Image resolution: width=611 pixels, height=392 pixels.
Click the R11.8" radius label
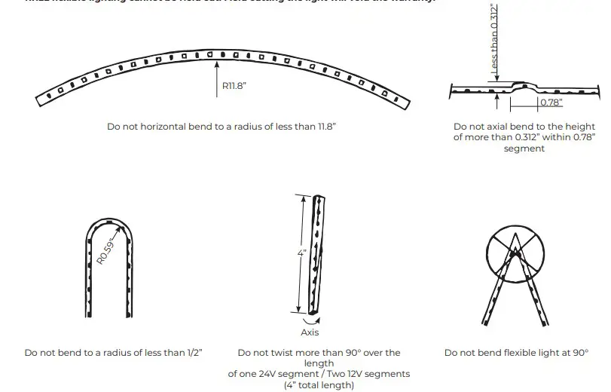point(234,87)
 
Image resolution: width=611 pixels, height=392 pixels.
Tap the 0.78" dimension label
point(550,103)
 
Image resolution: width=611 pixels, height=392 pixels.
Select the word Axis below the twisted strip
point(310,332)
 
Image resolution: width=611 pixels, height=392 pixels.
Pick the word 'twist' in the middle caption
point(290,353)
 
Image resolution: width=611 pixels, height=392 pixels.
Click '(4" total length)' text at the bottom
point(319,385)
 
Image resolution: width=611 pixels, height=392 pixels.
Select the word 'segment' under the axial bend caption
point(524,149)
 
